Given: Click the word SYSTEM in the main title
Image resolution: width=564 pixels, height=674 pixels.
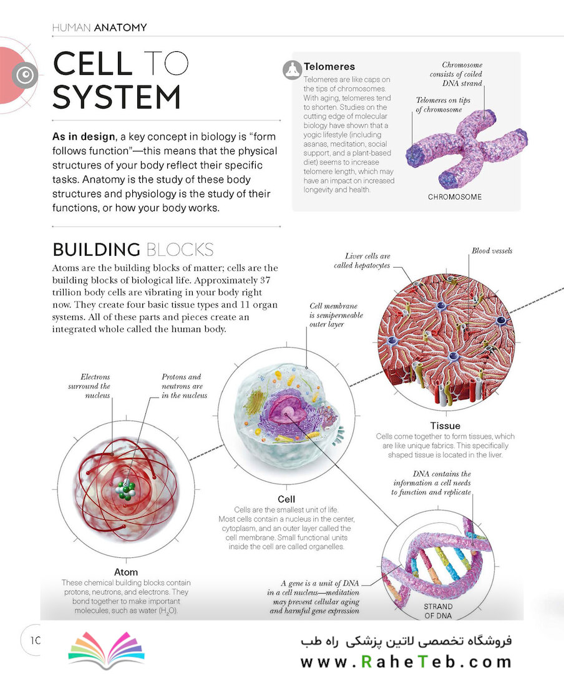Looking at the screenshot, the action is [x=117, y=97].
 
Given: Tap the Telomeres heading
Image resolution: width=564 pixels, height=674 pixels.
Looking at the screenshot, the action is [x=329, y=67].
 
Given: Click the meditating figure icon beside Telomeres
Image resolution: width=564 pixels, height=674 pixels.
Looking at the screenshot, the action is [x=293, y=70].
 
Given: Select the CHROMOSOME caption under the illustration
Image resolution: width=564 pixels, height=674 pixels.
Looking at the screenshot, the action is [x=454, y=197].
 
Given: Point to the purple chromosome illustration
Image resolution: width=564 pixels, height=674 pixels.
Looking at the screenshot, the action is [x=467, y=149].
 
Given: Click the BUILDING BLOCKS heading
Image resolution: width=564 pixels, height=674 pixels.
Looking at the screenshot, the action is [x=133, y=250].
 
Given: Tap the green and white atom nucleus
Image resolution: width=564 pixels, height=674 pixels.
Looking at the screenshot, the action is [x=126, y=490].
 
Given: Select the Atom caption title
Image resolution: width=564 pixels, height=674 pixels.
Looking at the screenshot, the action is [x=126, y=572].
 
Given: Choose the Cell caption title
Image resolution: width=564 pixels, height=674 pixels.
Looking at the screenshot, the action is [x=286, y=499].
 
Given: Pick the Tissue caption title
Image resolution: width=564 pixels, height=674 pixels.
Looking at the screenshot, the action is [x=445, y=426].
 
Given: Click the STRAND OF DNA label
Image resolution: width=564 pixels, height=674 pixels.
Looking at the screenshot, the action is [x=438, y=611].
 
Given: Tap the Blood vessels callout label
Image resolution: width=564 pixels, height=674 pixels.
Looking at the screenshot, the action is [x=492, y=251].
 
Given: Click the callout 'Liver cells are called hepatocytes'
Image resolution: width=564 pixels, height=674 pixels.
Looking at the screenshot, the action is [x=362, y=260].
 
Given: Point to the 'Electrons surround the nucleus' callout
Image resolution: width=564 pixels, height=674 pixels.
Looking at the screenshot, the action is [x=89, y=386].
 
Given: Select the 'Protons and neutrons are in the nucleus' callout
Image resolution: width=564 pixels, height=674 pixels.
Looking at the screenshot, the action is [x=185, y=386].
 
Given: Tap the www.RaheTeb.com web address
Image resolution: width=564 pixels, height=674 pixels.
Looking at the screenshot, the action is [x=406, y=662].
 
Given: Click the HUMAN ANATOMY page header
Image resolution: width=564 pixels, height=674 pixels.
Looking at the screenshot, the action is [x=99, y=27].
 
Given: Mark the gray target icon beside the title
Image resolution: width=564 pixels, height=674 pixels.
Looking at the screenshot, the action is [x=25, y=76].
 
